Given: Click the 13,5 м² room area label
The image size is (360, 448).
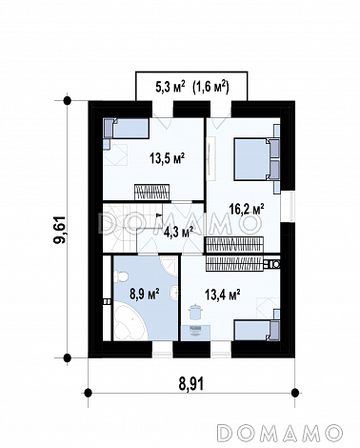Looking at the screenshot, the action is pos(168,158).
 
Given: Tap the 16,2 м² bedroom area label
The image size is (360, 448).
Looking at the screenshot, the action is pos(247,209).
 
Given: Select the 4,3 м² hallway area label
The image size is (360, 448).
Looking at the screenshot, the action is pos(179,232).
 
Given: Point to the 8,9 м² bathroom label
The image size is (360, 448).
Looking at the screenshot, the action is pos(145,294).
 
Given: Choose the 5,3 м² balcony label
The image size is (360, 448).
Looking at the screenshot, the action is pos(170,87).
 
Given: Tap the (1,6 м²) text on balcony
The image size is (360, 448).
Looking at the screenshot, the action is pos(210,87).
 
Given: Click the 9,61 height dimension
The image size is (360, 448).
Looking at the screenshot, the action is pos(59,230).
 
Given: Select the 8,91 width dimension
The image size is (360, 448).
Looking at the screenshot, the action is pos(191,384).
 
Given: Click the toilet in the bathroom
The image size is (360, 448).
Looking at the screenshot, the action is pos(120,275).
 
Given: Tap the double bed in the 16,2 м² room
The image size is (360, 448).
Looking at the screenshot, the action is pos(257,159).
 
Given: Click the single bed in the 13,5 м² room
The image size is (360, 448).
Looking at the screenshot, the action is pos(126,128).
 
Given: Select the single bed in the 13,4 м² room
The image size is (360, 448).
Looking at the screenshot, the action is pos(257,331).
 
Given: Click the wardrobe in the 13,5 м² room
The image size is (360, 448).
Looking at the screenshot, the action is pos(151,193).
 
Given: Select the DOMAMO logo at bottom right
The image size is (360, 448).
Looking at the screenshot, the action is pos(280,432).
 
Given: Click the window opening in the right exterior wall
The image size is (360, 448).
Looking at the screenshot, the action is pos(291,207).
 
